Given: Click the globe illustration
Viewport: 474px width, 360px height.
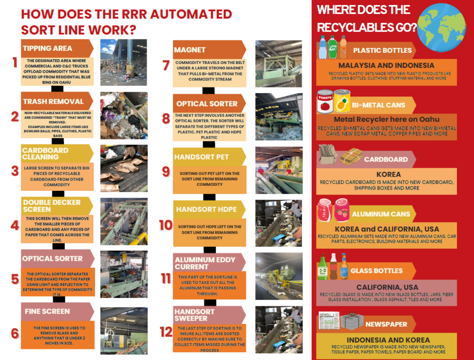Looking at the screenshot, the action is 441,27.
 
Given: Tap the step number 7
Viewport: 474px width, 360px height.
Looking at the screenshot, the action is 166,65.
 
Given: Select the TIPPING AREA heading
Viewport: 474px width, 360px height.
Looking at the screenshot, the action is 48,48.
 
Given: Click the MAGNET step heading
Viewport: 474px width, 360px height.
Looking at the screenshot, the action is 189,50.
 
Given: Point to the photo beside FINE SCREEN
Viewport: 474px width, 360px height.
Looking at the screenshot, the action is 124,331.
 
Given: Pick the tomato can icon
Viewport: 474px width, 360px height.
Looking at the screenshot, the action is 325,101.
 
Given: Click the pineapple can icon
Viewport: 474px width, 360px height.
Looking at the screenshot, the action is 342,101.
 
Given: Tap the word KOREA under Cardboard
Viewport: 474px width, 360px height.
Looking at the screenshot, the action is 388,175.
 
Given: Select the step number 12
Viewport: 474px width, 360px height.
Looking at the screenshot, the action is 166,332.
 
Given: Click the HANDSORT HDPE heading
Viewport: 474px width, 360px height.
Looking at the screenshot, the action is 206,209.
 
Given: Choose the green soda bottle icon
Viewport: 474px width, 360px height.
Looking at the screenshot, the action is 332,47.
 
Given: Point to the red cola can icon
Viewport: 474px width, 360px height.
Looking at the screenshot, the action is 324,210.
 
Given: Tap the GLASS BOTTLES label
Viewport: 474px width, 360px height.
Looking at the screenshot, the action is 377,271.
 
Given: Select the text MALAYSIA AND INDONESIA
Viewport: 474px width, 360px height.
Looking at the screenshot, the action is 387,65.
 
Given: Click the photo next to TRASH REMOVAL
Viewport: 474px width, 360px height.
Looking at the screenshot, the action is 124,115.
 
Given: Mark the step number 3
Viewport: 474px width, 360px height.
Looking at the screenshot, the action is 15,171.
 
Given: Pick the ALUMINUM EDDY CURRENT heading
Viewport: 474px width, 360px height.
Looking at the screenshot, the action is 205,263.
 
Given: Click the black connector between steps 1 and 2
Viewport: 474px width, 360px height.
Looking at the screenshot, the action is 57,88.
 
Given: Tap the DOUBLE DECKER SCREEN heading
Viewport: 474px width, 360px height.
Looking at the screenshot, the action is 52,206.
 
